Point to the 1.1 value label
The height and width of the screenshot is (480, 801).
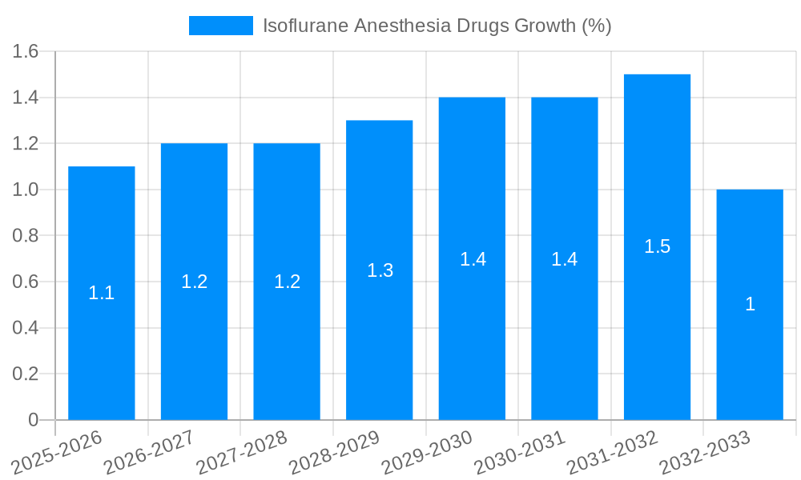click(x=102, y=293)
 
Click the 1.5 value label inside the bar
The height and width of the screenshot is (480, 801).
click(x=657, y=246)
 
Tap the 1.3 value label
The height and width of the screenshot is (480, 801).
click(x=380, y=270)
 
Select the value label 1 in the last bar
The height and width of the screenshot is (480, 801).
click(x=750, y=304)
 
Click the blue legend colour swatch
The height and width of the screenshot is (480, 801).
click(x=220, y=26)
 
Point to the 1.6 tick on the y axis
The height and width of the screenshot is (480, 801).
click(x=26, y=52)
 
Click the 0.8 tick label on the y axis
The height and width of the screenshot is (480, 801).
click(x=26, y=236)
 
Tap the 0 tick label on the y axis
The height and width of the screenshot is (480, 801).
click(x=33, y=420)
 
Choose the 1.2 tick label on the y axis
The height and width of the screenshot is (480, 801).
click(x=26, y=144)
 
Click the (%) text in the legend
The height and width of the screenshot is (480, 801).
click(x=596, y=26)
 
